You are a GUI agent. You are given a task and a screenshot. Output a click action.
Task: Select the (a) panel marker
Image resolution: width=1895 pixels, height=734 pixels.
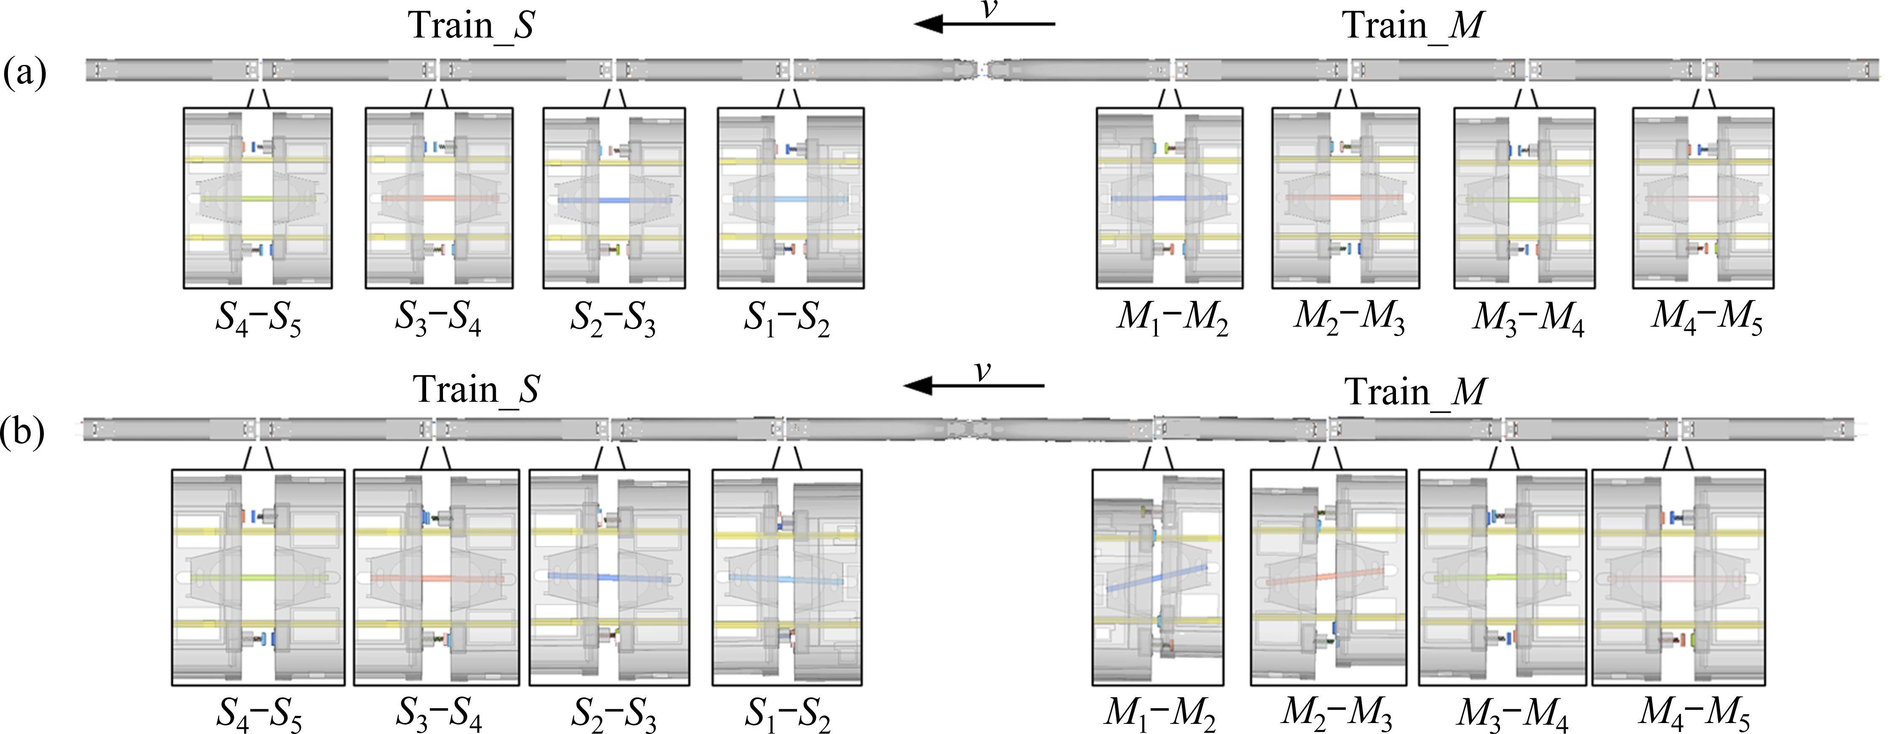[24, 73]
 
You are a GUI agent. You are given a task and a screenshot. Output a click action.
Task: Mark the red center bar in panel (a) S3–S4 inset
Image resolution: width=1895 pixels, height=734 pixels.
[439, 198]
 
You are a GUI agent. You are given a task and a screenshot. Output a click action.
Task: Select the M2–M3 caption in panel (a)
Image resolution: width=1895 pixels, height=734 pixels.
[1350, 318]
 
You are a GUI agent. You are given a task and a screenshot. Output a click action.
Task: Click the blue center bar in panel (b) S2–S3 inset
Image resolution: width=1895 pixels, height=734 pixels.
[609, 577]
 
